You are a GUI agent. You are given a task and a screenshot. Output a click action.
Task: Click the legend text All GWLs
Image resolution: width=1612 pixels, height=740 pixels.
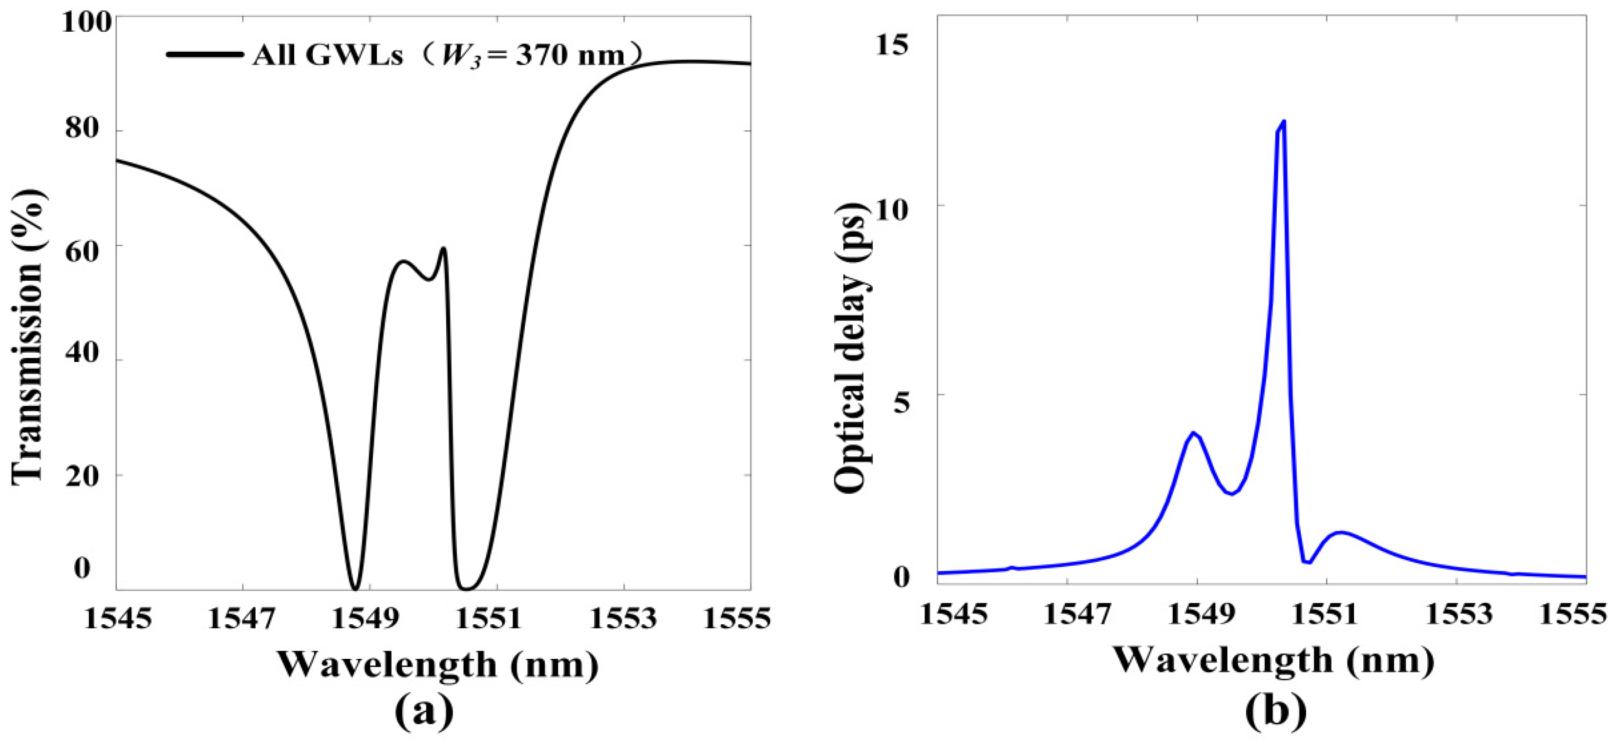(x=327, y=56)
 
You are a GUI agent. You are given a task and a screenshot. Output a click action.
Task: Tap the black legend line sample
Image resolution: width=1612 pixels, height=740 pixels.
(x=205, y=54)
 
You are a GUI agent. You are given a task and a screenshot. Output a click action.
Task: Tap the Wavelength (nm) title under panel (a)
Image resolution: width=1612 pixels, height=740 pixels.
(x=438, y=664)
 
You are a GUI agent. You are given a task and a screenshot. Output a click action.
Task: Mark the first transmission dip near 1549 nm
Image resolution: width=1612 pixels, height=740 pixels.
(x=355, y=588)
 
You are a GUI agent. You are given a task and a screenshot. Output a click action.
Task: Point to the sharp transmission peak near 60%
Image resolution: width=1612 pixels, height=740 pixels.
(x=444, y=249)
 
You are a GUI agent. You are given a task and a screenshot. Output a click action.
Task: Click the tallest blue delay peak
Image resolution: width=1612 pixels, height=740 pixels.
(x=1284, y=122)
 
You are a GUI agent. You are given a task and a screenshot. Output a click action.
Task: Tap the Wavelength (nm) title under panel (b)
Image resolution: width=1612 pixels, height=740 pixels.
(x=1273, y=660)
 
